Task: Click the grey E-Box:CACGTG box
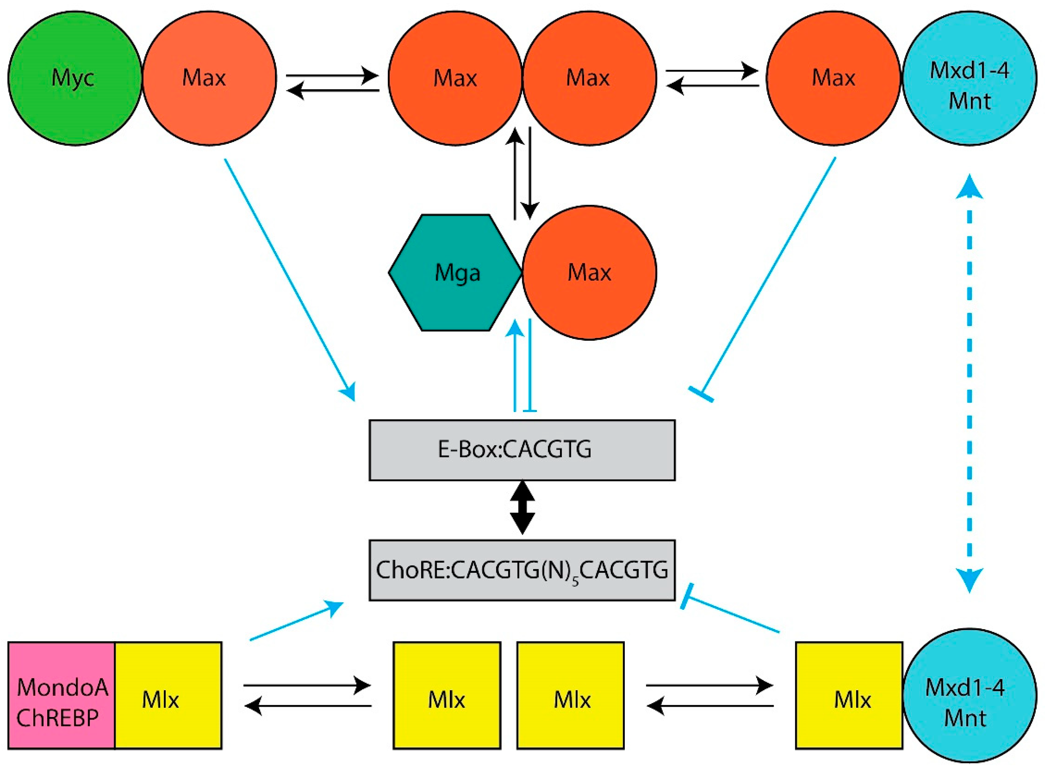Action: (x=522, y=450)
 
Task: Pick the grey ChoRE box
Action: (x=522, y=570)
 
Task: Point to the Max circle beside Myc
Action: (x=209, y=78)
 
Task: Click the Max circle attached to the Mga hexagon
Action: (x=589, y=273)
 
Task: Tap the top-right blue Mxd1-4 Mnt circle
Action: (x=969, y=78)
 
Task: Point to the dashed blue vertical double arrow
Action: (x=969, y=384)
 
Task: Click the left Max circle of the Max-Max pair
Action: (x=455, y=78)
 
